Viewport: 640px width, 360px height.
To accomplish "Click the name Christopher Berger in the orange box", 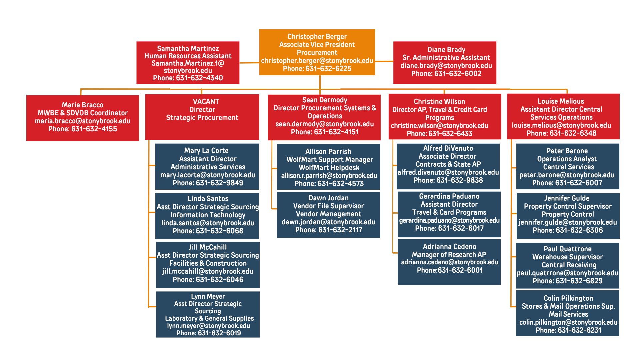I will point(317,37).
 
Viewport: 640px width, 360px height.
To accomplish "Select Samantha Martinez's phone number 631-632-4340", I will point(199,78).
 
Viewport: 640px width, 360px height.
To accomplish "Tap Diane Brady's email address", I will point(446,66).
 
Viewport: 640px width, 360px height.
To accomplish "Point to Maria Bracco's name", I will point(82,105).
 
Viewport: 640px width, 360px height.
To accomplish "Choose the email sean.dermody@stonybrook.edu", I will point(324,124).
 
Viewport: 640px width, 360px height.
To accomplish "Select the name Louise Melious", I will point(561,101).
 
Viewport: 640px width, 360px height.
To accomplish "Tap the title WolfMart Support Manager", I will point(330,160).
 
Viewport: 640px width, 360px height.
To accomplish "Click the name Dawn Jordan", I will point(328,198).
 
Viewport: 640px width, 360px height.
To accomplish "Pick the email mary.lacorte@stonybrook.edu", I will point(208,175).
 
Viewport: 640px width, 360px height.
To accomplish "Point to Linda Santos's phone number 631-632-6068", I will point(219,231).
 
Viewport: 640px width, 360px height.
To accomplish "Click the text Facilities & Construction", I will point(208,263).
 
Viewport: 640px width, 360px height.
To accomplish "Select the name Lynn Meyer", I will point(208,296).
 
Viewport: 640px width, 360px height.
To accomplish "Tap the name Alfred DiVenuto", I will point(448,148).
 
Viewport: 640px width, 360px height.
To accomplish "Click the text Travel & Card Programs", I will point(449,212).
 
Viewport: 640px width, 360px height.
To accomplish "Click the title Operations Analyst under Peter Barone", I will point(567,159).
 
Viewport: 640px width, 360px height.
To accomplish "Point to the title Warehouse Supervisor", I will point(567,257).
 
